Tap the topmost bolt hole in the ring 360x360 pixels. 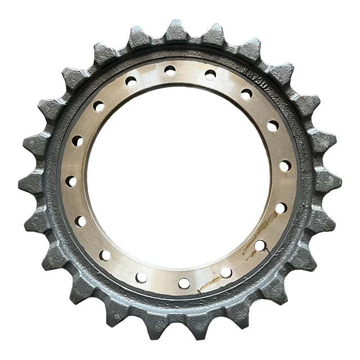(170, 70)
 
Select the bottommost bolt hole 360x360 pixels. (184, 283)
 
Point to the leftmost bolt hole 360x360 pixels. (71, 181)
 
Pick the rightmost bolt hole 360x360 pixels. (286, 166)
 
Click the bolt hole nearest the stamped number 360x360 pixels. (246, 94)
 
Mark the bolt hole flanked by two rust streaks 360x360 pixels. (260, 245)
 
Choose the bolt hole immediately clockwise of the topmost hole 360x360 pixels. (210, 74)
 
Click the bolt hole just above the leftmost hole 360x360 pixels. (78, 141)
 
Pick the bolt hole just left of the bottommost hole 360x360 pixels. (141, 277)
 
